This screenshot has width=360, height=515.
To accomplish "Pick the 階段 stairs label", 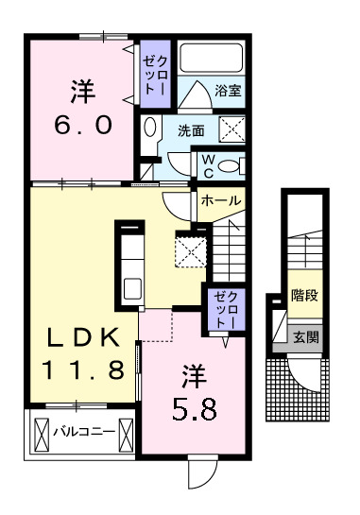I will (303, 295).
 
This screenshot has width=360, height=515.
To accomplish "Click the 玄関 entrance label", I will (304, 337).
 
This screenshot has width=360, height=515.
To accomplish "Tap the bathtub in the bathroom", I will (211, 59).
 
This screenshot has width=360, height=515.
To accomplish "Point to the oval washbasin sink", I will (150, 127).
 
